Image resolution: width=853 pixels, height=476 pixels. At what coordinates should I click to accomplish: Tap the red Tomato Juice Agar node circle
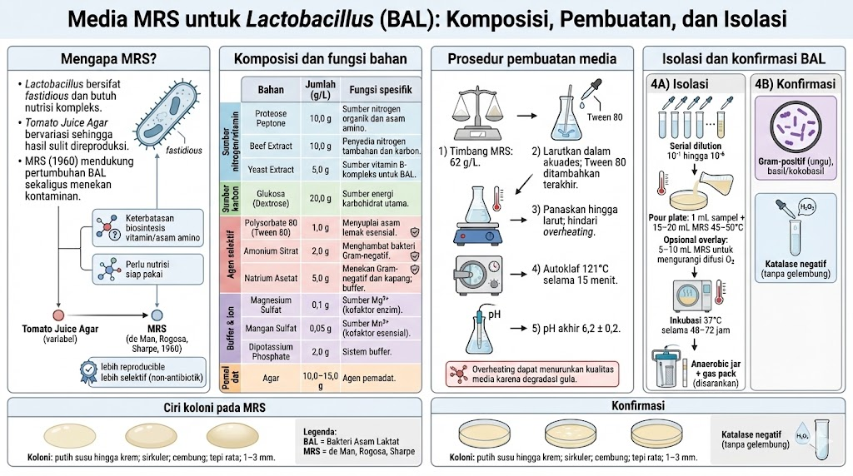pyautogui.click(x=58, y=315)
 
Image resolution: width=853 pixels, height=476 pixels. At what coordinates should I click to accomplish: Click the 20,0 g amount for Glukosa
pyautogui.click(x=320, y=197)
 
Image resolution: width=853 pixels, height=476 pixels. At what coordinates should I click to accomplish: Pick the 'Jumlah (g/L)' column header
pyautogui.click(x=320, y=89)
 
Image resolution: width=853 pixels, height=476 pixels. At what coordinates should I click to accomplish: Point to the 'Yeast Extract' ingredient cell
pyautogui.click(x=271, y=169)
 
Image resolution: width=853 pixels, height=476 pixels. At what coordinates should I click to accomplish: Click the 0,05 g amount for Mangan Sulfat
pyautogui.click(x=320, y=326)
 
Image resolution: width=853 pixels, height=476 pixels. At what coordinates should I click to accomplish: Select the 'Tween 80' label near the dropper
pyautogui.click(x=606, y=117)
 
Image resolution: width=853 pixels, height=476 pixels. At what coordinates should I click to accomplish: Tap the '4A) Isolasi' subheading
pyautogui.click(x=676, y=84)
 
